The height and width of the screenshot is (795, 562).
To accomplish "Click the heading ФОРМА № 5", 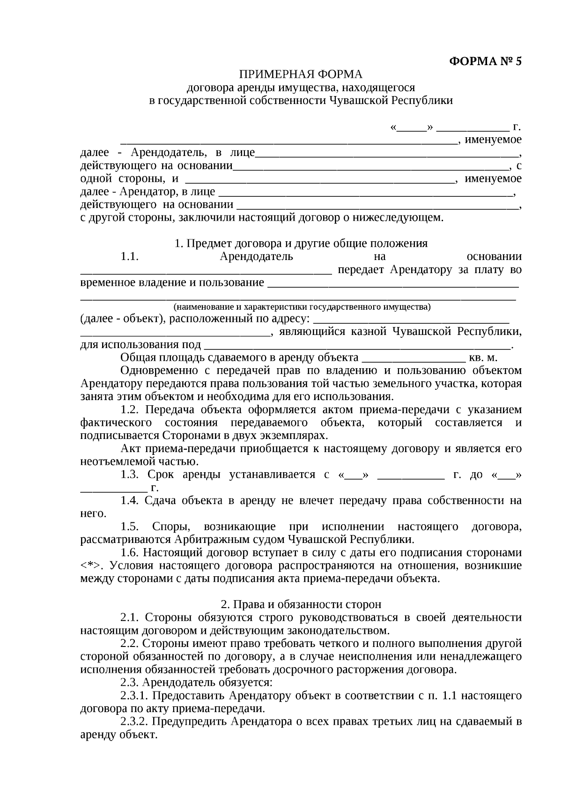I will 485,61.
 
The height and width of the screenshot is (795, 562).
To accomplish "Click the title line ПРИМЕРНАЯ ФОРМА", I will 301,74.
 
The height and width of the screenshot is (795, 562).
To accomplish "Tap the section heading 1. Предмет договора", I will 301,244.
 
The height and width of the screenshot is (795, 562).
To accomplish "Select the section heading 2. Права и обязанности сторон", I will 301,604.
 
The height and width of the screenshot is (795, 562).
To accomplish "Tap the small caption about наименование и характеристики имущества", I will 302,307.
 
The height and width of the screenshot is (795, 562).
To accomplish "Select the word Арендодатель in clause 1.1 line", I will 256,257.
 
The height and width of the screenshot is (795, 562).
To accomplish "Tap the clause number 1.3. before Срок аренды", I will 130,475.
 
